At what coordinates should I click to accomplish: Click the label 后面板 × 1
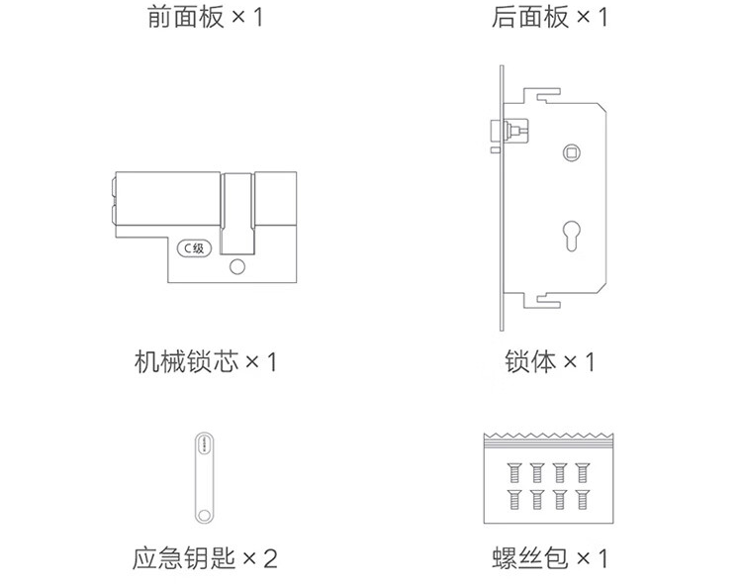click(550, 18)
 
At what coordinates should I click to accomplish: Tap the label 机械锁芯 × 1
click(205, 361)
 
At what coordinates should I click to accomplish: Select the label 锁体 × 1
click(550, 361)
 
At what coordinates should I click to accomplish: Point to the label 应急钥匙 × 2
click(205, 558)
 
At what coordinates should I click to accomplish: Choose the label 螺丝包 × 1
click(550, 558)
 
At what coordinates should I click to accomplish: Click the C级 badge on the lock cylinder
click(193, 248)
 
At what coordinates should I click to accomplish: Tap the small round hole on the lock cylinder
click(236, 267)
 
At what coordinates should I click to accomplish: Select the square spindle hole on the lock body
click(572, 152)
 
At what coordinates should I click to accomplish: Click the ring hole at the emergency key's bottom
click(203, 513)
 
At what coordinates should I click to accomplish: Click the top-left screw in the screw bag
click(513, 472)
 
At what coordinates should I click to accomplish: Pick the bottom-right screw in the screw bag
click(584, 498)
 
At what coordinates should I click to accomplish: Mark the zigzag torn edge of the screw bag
click(548, 438)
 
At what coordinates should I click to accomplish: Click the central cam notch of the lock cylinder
click(236, 213)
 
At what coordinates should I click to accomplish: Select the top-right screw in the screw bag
click(584, 472)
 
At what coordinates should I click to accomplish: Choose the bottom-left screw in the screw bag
click(513, 498)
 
